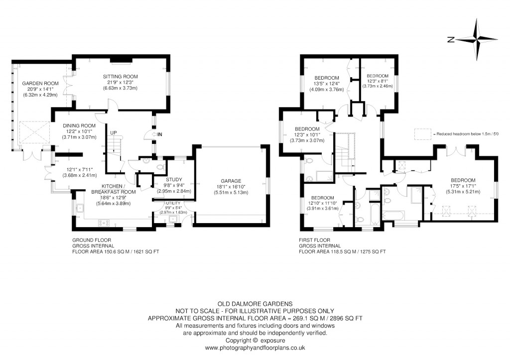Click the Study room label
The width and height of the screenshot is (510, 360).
tap(174, 179)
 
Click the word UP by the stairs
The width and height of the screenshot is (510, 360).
tap(114, 132)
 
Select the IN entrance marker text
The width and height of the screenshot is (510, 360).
tap(160, 134)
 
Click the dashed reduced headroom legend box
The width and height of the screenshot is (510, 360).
tap(422, 133)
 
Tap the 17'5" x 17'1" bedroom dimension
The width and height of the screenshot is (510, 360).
tap(463, 186)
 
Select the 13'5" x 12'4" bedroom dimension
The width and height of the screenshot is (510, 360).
tap(327, 84)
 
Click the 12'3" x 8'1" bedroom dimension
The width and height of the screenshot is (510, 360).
tap(380, 81)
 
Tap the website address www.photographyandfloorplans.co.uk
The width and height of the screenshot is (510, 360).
tap(255, 348)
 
